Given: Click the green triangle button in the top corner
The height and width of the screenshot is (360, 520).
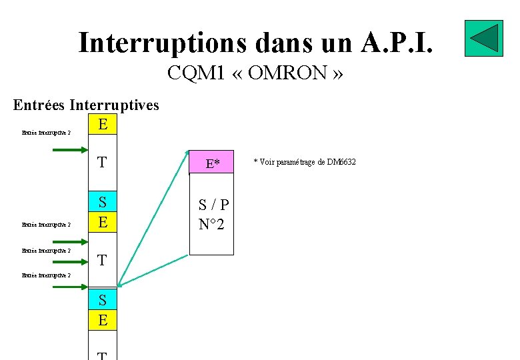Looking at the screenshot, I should pyautogui.click(x=483, y=38).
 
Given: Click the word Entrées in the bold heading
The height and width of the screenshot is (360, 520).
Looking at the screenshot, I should pyautogui.click(x=39, y=105).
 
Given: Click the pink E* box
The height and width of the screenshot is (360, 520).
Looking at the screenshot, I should pyautogui.click(x=212, y=163).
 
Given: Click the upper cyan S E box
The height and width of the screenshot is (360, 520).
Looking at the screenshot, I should pyautogui.click(x=102, y=211).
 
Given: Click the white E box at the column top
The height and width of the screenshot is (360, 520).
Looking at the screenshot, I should pyautogui.click(x=102, y=124).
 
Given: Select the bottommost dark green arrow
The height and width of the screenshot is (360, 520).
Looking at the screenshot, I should pyautogui.click(x=69, y=287).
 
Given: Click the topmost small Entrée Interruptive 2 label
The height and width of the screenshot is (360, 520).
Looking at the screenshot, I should pyautogui.click(x=46, y=132).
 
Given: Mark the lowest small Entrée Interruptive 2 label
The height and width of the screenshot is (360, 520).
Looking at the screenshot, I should pyautogui.click(x=46, y=275).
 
